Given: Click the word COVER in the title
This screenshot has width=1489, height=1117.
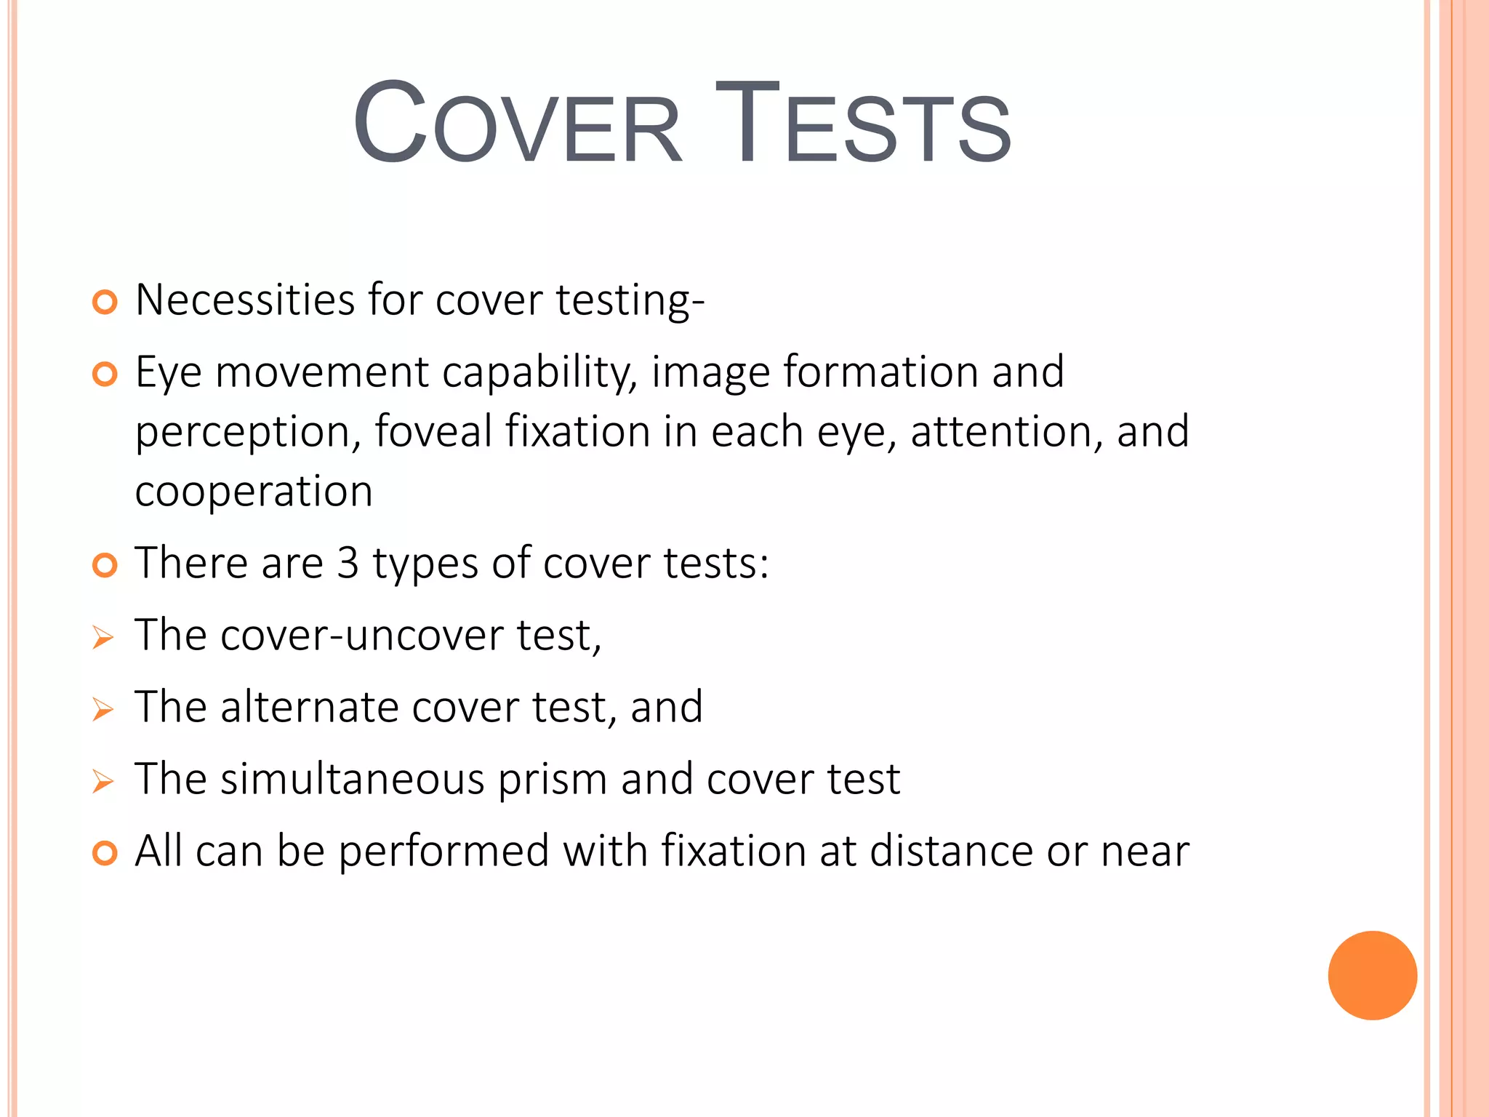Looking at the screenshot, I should coord(517,124).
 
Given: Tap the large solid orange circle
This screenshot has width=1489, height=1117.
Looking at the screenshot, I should coord(1372,975).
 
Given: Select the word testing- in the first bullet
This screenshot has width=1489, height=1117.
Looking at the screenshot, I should coord(630,301).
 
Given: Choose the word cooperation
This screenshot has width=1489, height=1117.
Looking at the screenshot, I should coord(254,492).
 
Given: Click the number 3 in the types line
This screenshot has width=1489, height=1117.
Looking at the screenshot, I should coord(348,564).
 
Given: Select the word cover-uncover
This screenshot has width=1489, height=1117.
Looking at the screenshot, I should coord(362,636).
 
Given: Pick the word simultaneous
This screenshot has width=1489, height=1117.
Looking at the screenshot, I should coord(352,779).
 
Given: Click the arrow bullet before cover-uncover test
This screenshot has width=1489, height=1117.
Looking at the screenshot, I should coord(103,638).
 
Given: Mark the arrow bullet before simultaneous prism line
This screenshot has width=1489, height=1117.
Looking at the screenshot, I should coord(103,782).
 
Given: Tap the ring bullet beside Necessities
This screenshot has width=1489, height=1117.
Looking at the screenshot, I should coord(105,302).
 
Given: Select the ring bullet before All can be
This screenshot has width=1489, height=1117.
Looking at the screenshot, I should coord(105,853).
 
